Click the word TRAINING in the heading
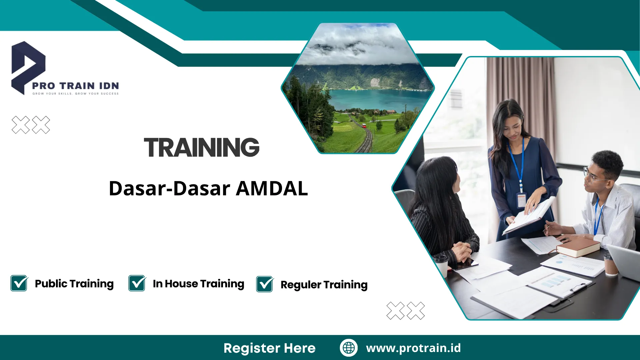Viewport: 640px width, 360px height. point(201,147)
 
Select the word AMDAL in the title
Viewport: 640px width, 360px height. point(272,188)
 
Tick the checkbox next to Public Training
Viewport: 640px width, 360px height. point(19,284)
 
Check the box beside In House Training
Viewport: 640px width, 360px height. point(137,284)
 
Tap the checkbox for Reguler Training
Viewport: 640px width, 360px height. point(265,284)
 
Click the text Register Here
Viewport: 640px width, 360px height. point(269,348)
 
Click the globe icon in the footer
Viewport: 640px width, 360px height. point(349,348)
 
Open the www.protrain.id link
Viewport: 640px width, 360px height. point(413,348)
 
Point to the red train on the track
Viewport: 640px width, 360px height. point(364,126)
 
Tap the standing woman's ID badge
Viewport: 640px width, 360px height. point(521,200)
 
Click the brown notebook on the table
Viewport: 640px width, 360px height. point(578,248)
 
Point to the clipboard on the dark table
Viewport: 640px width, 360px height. point(563,288)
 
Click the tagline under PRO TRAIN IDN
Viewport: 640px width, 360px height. point(75,94)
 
